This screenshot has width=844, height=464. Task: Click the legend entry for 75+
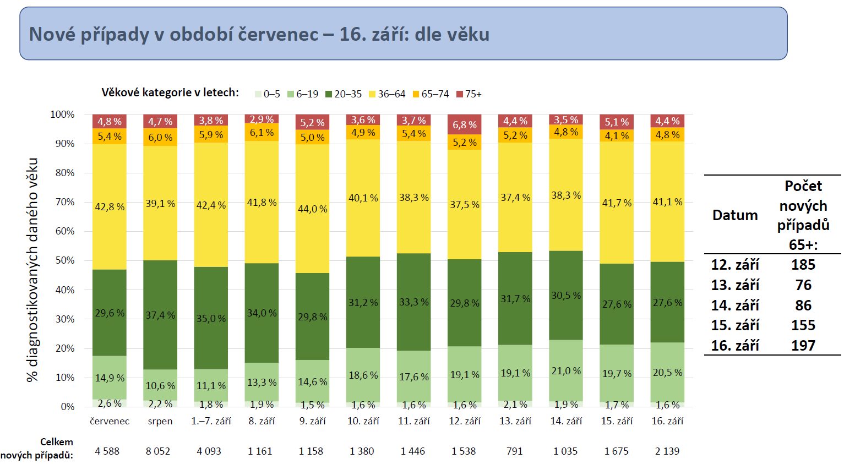point(469,94)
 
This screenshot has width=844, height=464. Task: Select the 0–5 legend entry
point(268,94)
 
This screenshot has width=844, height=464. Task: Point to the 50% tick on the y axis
point(64,260)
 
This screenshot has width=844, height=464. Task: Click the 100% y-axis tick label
point(62,114)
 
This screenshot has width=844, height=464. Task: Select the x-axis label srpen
point(160,421)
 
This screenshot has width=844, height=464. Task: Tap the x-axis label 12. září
point(465,421)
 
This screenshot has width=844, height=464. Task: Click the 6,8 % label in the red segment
point(465,125)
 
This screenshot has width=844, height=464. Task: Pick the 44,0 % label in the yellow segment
point(313,209)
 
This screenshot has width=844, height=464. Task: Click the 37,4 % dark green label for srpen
point(160,315)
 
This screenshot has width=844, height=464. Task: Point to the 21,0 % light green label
point(566,371)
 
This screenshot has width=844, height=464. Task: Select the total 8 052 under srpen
point(158,451)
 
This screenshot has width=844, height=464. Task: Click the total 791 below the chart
point(514,451)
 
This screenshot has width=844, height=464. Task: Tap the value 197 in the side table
point(803,346)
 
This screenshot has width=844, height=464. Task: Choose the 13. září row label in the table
point(735,285)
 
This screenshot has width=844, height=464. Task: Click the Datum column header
point(735,215)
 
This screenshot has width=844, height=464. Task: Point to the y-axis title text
point(32,270)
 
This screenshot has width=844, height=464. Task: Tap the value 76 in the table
point(803,285)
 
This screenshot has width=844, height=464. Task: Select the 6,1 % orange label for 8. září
point(262,133)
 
